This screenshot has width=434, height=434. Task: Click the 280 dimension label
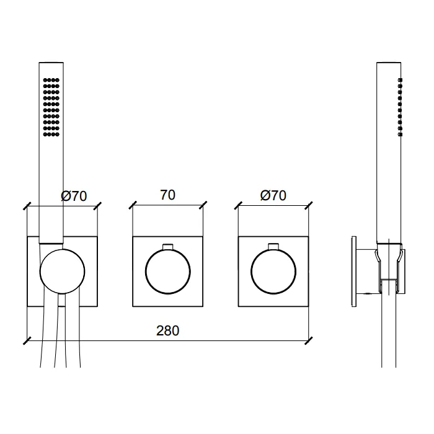(x=168, y=330)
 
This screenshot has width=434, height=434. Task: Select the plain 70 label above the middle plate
(x=168, y=195)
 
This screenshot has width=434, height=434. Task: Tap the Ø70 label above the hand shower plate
(x=74, y=196)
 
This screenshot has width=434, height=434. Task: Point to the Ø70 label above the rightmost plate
(x=273, y=195)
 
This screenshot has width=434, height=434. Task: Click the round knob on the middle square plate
(x=168, y=272)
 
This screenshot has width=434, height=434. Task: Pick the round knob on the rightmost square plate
(x=273, y=272)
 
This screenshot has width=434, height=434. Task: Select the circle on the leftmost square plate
(x=62, y=272)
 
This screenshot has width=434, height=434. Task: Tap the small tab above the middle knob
(x=168, y=247)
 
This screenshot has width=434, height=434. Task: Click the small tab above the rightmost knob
(x=273, y=247)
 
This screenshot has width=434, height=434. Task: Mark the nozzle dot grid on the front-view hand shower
(x=51, y=107)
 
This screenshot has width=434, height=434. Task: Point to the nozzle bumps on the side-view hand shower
(x=400, y=107)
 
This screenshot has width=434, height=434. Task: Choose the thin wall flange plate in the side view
(x=354, y=272)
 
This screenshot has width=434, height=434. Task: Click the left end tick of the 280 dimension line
(x=27, y=341)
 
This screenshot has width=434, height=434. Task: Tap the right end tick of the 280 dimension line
(x=309, y=341)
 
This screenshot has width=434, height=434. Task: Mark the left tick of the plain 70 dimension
(x=133, y=205)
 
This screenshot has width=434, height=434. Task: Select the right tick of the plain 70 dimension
(x=203, y=205)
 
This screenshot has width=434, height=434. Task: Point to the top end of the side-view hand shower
(x=389, y=63)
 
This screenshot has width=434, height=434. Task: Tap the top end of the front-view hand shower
(x=51, y=63)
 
